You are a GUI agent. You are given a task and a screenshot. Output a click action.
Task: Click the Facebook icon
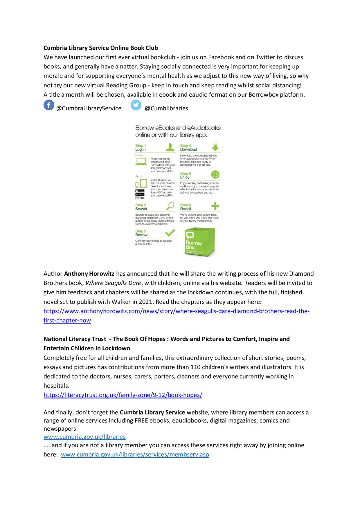[x=49, y=105]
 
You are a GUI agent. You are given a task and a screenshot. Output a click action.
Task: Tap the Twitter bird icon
[x=136, y=105]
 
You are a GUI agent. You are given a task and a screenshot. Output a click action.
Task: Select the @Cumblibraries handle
[x=166, y=109]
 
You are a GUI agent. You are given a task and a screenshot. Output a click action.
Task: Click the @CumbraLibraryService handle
[x=89, y=109]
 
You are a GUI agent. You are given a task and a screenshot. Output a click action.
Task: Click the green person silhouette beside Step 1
[x=170, y=147]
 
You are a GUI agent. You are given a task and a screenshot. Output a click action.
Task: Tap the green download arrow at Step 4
[x=215, y=147]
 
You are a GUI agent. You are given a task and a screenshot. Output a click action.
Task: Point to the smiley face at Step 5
[x=215, y=175]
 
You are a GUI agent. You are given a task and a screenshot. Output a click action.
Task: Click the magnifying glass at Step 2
[x=170, y=206]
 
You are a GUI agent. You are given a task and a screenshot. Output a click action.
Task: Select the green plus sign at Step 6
[x=215, y=206]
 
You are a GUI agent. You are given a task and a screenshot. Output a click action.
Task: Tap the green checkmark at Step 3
[x=170, y=233]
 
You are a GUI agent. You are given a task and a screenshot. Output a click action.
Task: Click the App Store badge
[x=140, y=191]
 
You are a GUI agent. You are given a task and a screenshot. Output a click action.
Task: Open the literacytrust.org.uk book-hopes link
[x=123, y=395]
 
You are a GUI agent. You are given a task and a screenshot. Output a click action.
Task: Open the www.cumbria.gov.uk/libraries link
[x=84, y=437]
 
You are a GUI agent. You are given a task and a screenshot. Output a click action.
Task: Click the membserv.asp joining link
[x=135, y=454]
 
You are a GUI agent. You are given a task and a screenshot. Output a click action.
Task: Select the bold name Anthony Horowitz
[x=89, y=274]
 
